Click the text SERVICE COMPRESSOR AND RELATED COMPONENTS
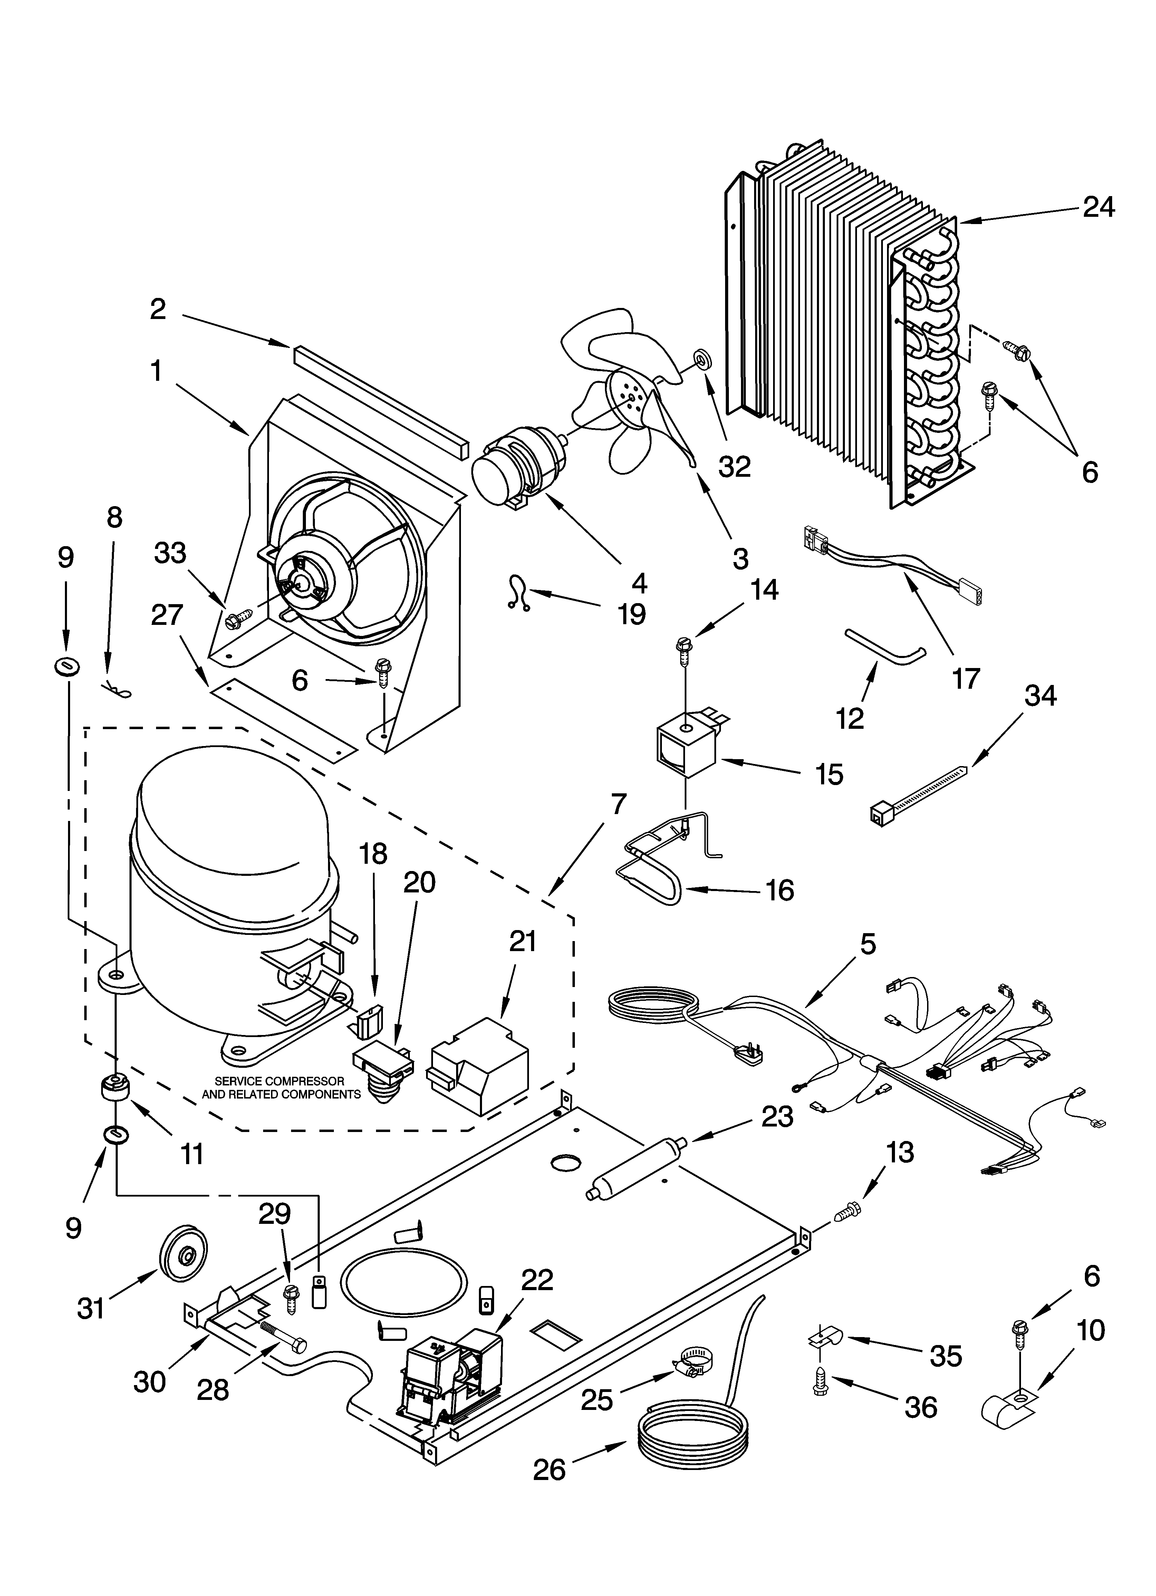pyautogui.click(x=280, y=1087)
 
